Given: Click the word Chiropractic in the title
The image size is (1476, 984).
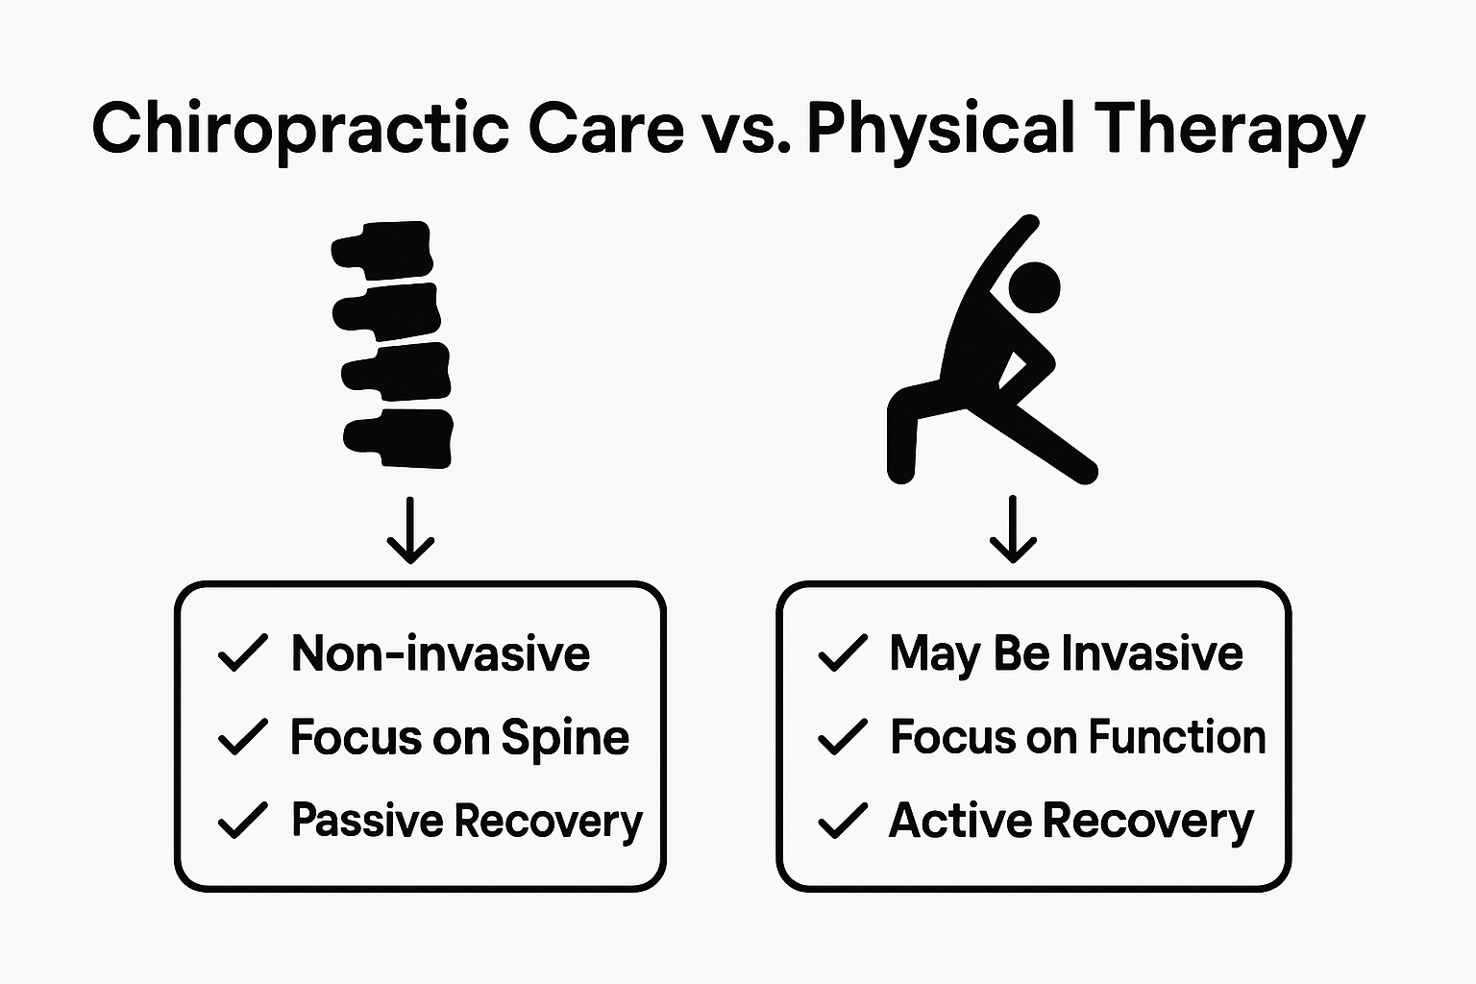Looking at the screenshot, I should point(300,130).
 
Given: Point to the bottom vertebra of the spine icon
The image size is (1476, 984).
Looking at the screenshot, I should point(402,439).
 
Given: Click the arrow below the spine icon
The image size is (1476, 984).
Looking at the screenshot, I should point(410,530).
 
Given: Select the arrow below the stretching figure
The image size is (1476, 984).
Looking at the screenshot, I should point(1013,530).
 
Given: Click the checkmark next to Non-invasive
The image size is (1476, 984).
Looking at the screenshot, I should point(242,653).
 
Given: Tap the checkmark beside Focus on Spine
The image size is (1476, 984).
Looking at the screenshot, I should point(242,737).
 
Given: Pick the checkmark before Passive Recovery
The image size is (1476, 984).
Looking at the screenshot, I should point(242,821).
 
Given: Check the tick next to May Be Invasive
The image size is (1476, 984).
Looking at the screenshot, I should point(842,653).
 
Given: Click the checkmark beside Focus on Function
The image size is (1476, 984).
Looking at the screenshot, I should point(842,737).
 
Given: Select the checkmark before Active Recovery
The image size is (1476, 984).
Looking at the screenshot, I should point(842,821).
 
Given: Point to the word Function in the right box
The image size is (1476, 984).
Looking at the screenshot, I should point(1176,737).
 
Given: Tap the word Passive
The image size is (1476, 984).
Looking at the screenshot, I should point(367,821).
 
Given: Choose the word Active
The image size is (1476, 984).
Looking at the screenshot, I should point(961,821).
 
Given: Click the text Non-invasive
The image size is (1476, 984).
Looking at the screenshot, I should point(440,653).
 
